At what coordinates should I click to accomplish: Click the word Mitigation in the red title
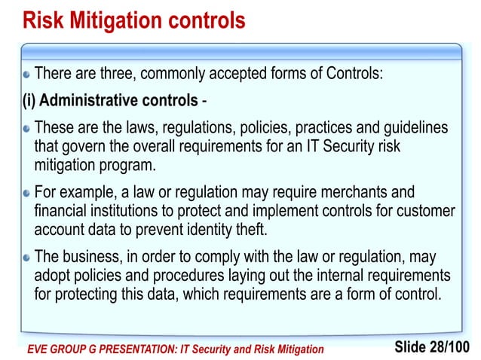(x=130, y=20)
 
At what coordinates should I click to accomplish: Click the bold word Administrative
(x=92, y=101)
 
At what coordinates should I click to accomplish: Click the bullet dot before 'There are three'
(x=26, y=75)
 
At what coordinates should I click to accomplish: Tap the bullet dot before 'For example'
(x=26, y=194)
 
